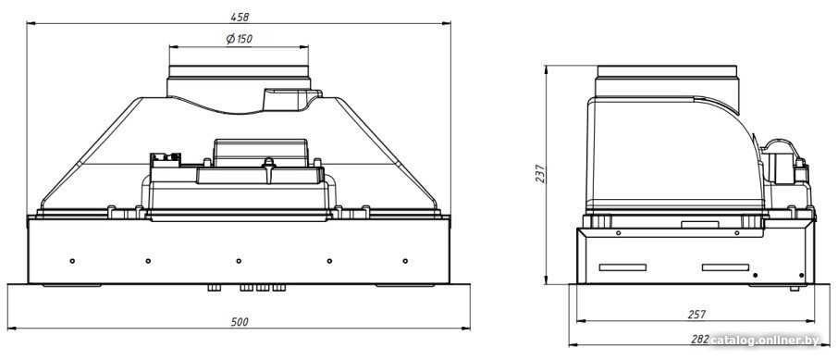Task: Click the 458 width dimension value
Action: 240,17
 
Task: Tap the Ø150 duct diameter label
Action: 239,39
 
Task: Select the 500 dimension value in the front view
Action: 240,322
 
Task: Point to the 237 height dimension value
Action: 540,173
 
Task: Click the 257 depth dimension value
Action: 696,315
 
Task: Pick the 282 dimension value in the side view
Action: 700,339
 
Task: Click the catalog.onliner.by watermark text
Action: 765,341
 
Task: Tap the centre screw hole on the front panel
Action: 239,261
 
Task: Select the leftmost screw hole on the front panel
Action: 72,261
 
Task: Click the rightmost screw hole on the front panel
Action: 405,261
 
